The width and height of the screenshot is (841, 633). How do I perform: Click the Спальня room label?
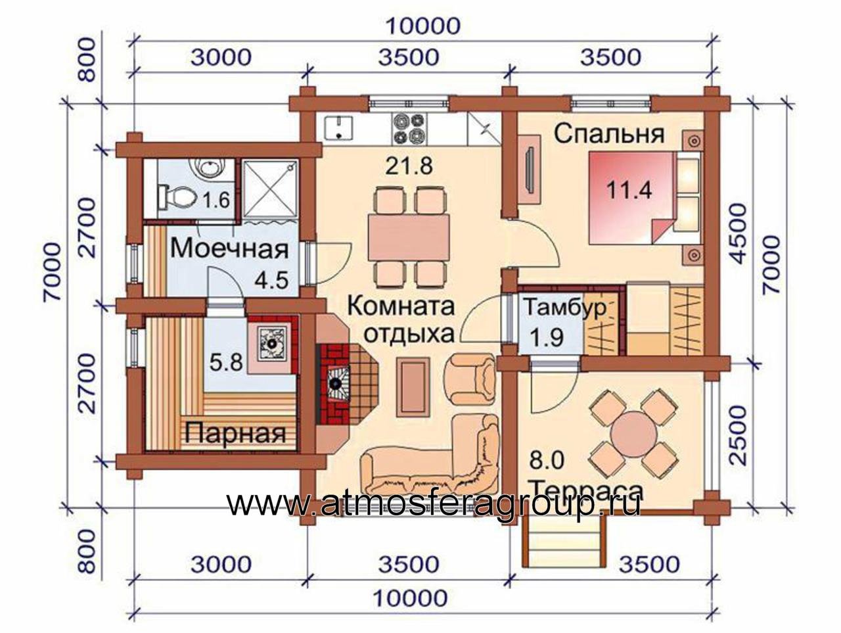tap(609, 135)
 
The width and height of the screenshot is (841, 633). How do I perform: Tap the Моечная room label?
tap(229, 248)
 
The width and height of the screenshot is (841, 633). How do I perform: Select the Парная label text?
tap(236, 433)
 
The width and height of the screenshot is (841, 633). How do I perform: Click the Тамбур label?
tap(566, 308)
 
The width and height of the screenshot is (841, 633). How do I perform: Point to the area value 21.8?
tap(409, 166)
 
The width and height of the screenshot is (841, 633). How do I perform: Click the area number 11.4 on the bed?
tap(629, 190)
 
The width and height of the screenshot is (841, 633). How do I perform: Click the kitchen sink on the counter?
tap(339, 128)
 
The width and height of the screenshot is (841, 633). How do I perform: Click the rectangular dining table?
tap(409, 237)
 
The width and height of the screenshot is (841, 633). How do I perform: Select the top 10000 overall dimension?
tap(423, 26)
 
